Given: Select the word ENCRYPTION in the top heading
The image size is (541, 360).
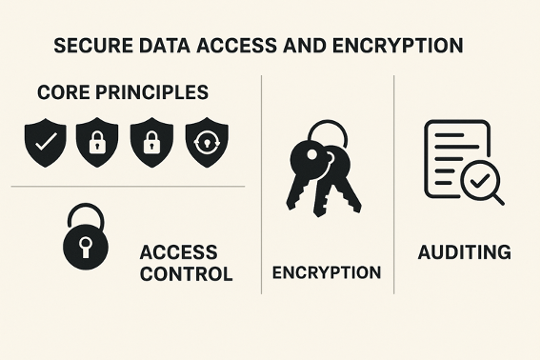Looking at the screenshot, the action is point(407,46).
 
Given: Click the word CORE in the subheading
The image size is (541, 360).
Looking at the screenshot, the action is point(63,93).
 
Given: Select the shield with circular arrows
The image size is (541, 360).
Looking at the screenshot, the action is point(205,142).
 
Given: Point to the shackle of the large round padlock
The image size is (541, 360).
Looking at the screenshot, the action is point(85,214).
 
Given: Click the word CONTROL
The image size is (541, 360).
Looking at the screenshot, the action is point(186,274).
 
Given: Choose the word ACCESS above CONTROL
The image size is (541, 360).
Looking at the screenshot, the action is point(178,253).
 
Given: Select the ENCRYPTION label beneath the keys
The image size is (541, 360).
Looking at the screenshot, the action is point(327,272).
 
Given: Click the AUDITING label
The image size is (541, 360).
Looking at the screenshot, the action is point(464,252).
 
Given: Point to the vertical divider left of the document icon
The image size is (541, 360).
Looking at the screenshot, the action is point(394,181).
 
